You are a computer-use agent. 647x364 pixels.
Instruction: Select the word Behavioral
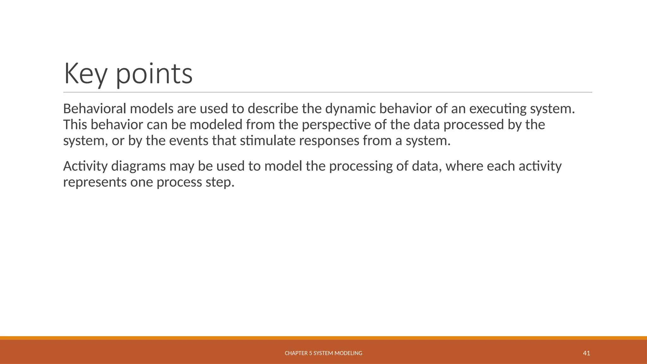click(94, 109)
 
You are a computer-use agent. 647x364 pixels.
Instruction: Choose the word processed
click(474, 125)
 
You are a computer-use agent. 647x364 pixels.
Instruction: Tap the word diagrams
click(138, 167)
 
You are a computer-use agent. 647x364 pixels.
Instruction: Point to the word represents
click(95, 183)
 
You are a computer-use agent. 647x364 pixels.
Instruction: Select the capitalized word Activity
click(85, 167)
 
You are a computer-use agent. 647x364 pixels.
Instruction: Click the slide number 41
click(586, 353)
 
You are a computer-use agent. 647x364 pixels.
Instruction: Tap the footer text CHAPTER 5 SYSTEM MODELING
click(323, 353)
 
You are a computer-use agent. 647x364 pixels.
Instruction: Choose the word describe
click(273, 109)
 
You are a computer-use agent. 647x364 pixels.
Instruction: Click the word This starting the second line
click(75, 125)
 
